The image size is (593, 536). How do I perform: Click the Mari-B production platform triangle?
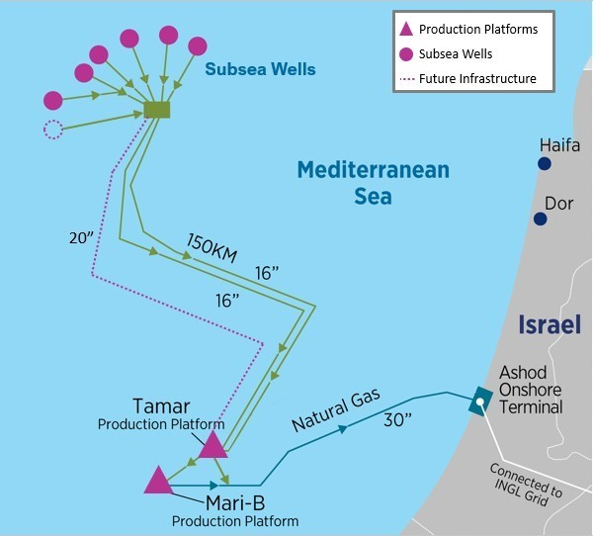point(158,480)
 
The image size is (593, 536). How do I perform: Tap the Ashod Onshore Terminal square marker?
point(480,401)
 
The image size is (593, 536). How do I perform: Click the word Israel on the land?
point(550,324)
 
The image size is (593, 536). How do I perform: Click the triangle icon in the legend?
point(408,30)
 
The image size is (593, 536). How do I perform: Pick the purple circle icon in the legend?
point(408,53)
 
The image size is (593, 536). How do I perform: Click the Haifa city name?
point(559,145)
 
